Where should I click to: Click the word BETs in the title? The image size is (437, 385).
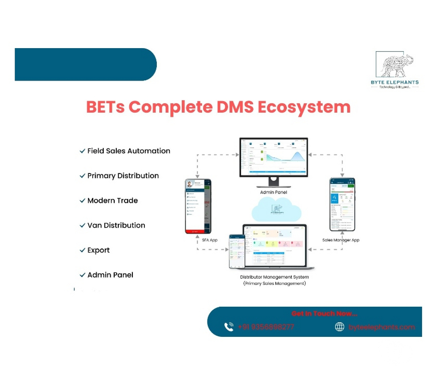[x=106, y=107]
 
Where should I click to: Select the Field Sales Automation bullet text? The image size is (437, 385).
[x=129, y=151]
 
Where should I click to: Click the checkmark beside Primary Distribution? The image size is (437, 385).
[x=82, y=176]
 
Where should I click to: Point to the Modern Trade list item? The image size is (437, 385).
[x=112, y=201]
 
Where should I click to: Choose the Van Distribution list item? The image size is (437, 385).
[x=116, y=226]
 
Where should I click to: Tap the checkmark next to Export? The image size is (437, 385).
[x=82, y=250]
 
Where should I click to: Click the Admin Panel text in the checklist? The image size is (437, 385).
[x=110, y=275]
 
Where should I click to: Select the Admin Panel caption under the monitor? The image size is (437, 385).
[x=274, y=192]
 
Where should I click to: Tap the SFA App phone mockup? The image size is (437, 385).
[x=198, y=206]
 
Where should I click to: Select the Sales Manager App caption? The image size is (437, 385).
[x=341, y=240]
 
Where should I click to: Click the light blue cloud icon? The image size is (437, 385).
[x=277, y=209]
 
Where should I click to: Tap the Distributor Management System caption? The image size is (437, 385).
[x=274, y=277]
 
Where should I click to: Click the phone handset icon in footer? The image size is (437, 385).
[x=229, y=327]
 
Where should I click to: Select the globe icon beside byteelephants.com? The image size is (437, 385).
[x=340, y=327]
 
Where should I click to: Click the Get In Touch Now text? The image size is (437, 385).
[x=324, y=313]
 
